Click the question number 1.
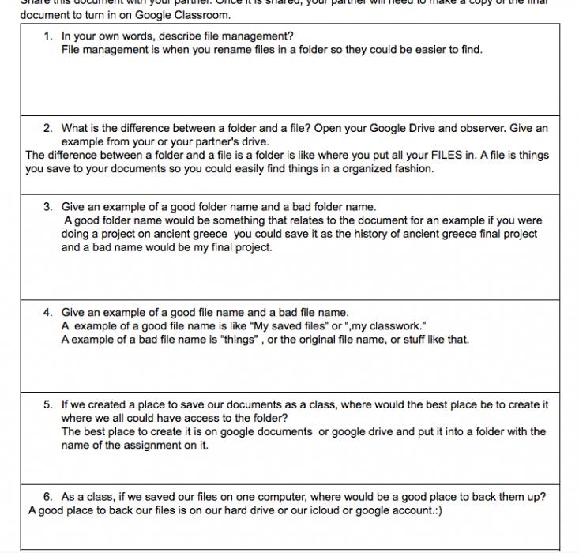(47, 36)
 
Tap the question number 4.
(47, 312)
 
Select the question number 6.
(47, 497)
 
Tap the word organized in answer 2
(349, 168)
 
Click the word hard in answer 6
(233, 510)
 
